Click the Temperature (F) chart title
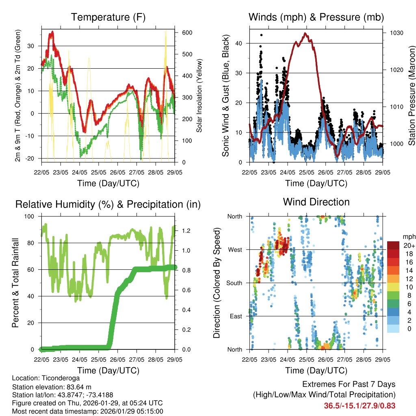pyautogui.click(x=108, y=17)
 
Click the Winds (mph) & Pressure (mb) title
pyautogui.click(x=316, y=17)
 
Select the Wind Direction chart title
pyautogui.click(x=316, y=202)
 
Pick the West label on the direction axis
pyautogui.click(x=235, y=250)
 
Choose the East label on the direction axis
pyautogui.click(x=236, y=316)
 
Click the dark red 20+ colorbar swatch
pyautogui.click(x=393, y=245)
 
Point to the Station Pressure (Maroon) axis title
pyautogui.click(x=412, y=90)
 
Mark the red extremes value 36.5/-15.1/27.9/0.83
pyautogui.click(x=360, y=405)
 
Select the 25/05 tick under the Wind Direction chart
pyautogui.click(x=306, y=360)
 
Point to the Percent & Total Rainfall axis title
pyautogui.click(x=15, y=283)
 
